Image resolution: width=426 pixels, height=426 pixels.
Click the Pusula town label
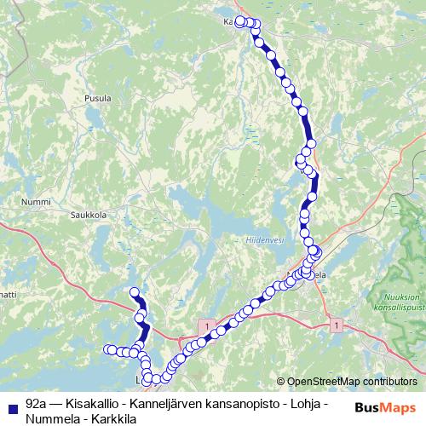(x=98, y=99)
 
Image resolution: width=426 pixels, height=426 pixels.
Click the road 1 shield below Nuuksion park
(x=338, y=325)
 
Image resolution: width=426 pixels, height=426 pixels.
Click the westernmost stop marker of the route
(x=108, y=349)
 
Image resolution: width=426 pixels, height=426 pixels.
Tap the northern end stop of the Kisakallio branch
(x=133, y=293)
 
